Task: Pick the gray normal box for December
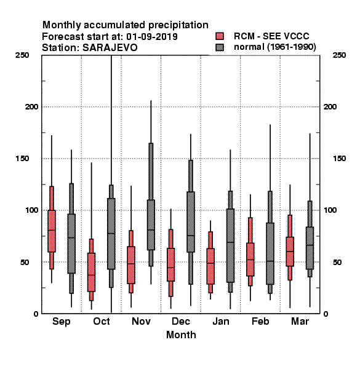(x=191, y=221)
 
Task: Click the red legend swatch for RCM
(x=220, y=36)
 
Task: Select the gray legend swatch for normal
(x=220, y=47)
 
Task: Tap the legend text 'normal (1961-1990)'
(x=274, y=47)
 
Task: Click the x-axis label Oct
(x=102, y=321)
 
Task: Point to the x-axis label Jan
(x=220, y=321)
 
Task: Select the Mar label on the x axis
(x=300, y=321)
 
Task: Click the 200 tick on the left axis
(x=31, y=106)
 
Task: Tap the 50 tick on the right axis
(x=337, y=262)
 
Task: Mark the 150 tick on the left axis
(x=22, y=159)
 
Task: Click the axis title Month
(x=181, y=335)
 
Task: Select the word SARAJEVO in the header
(x=110, y=48)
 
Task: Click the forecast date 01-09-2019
(x=152, y=37)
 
